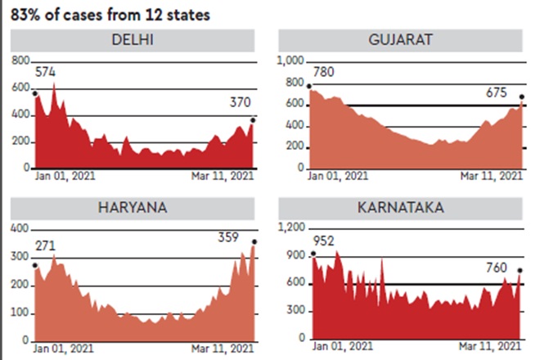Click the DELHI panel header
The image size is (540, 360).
click(x=133, y=40)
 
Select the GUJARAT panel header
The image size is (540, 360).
click(x=399, y=40)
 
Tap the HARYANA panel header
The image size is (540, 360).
click(x=133, y=207)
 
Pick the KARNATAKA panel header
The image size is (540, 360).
click(x=399, y=207)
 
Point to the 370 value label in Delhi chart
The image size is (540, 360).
click(x=241, y=103)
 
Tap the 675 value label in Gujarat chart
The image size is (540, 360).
click(x=498, y=92)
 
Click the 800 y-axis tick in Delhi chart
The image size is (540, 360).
click(x=20, y=61)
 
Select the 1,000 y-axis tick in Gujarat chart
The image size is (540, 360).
click(x=290, y=61)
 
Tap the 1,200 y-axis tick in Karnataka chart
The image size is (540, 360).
click(x=290, y=228)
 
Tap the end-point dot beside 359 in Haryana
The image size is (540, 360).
click(x=254, y=241)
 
